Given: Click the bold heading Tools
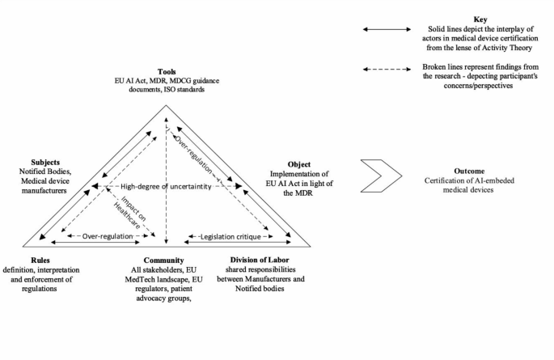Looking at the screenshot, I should [x=167, y=71].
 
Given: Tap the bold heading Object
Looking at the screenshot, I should [x=298, y=164].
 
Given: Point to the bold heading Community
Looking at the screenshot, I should [x=165, y=260].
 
